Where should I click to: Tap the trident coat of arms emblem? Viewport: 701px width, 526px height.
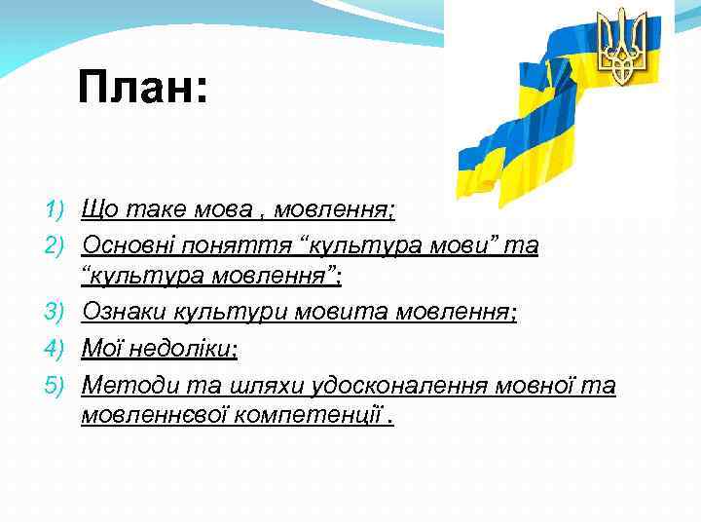(622, 46)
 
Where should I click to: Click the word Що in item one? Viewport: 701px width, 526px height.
(100, 209)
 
